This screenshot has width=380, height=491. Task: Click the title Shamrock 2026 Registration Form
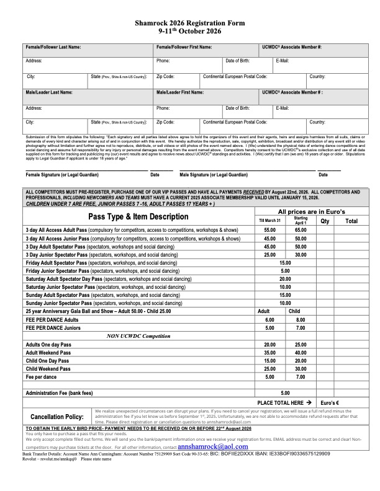(x=190, y=22)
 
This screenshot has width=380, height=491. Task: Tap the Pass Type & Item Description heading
(x=138, y=216)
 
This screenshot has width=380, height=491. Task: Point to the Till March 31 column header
(x=269, y=220)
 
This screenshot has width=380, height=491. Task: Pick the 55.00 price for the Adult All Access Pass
(x=269, y=229)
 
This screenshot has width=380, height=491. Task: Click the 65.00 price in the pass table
(x=301, y=229)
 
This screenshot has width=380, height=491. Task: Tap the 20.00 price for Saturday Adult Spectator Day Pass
(x=285, y=279)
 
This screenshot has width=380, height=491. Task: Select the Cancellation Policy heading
(x=58, y=417)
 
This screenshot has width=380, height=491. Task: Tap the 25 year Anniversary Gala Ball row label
(x=96, y=311)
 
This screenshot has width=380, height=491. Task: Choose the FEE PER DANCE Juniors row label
(x=53, y=327)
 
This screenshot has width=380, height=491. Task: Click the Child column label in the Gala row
(x=295, y=311)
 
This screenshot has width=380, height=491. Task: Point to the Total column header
(x=351, y=220)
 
